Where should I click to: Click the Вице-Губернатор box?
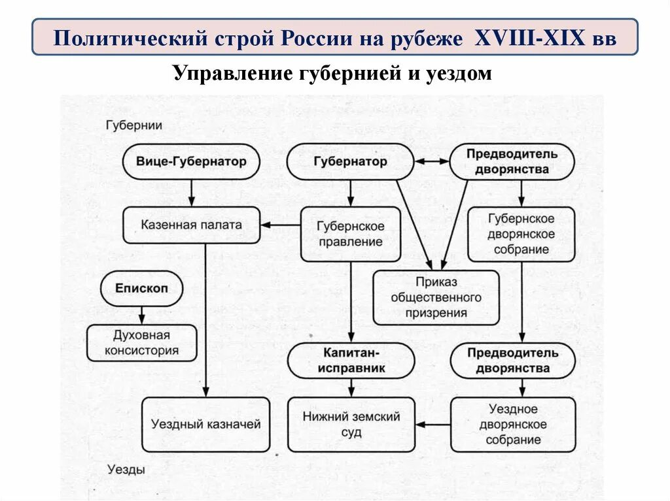tap(191, 161)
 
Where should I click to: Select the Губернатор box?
tap(350, 161)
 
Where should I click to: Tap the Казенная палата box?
tap(191, 225)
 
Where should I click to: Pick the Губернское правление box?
tap(350, 234)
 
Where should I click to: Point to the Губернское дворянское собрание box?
tap(521, 234)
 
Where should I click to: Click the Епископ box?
tap(141, 289)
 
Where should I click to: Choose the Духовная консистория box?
tap(141, 343)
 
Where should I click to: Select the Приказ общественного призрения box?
tap(436, 297)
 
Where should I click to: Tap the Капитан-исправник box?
tap(351, 361)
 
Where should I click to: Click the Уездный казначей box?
tap(206, 424)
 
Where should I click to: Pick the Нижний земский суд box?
tap(351, 424)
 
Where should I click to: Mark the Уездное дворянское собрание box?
tap(513, 424)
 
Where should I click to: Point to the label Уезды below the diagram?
tap(126, 469)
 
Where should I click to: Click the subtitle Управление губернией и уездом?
tap(332, 73)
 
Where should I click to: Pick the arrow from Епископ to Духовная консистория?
tap(141, 315)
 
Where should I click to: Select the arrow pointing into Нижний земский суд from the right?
tap(432, 425)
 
